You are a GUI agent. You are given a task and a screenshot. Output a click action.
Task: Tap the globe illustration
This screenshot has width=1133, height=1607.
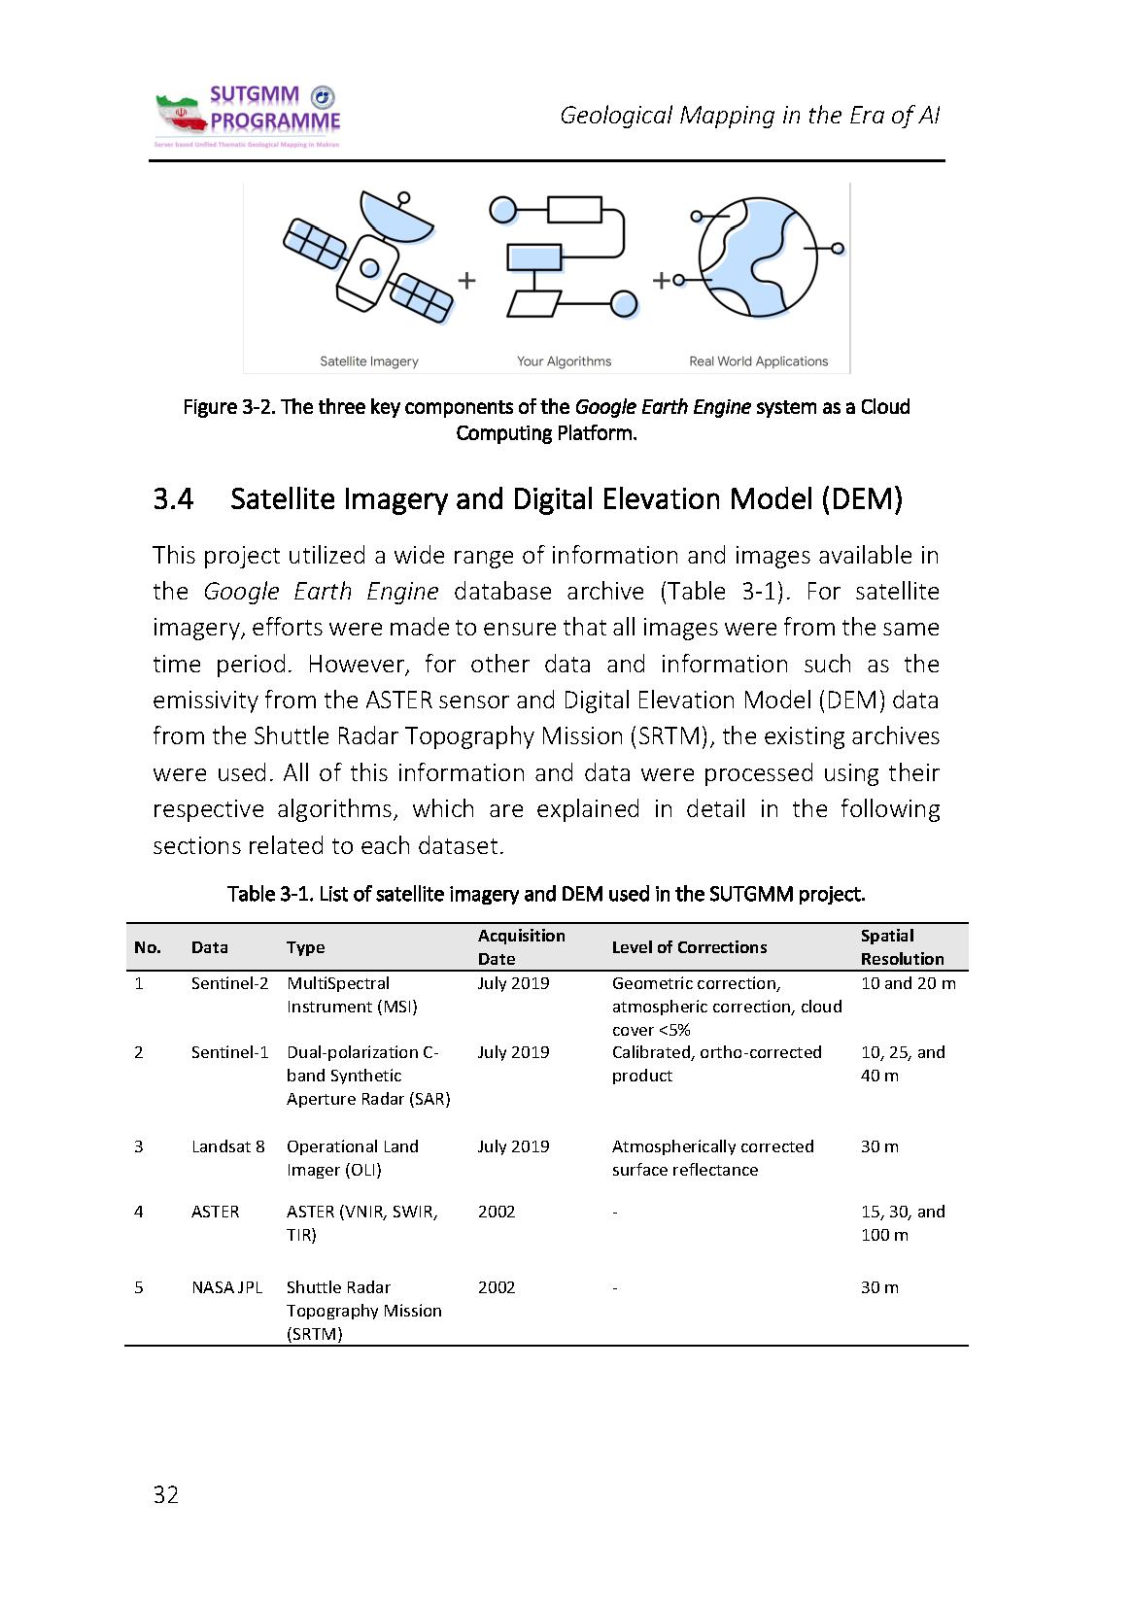759,258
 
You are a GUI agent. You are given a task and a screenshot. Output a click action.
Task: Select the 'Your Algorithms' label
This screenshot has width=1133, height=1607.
564,361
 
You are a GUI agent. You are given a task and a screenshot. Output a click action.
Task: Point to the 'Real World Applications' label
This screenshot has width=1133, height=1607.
758,361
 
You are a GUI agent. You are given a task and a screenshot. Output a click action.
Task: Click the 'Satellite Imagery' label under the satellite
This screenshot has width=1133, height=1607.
369,361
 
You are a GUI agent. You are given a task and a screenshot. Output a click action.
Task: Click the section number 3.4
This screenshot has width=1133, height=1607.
173,499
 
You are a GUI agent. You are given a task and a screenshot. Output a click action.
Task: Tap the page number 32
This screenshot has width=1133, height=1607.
166,1494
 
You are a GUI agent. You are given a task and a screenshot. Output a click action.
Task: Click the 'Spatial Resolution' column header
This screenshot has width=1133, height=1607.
901,947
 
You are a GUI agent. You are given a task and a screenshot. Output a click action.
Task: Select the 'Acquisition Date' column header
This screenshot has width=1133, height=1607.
521,947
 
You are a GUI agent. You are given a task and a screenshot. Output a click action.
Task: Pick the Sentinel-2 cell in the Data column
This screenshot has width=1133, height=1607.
229,983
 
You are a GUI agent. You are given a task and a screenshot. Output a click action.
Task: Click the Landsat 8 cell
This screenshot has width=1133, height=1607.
227,1146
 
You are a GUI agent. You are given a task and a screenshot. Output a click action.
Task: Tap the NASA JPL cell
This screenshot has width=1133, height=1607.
226,1287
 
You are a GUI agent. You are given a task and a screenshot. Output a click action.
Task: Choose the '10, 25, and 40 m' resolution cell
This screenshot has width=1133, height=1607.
902,1064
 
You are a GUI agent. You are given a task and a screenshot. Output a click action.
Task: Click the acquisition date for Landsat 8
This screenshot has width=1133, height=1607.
513,1146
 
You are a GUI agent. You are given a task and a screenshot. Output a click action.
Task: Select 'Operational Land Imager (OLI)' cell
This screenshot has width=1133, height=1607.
352,1158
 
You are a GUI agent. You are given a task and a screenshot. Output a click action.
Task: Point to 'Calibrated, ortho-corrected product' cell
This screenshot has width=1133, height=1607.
716,1064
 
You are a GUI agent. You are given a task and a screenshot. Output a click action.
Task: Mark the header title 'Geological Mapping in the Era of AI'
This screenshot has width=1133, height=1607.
749,116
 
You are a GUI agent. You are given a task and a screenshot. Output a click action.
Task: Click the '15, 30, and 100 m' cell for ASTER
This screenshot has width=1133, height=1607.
902,1223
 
